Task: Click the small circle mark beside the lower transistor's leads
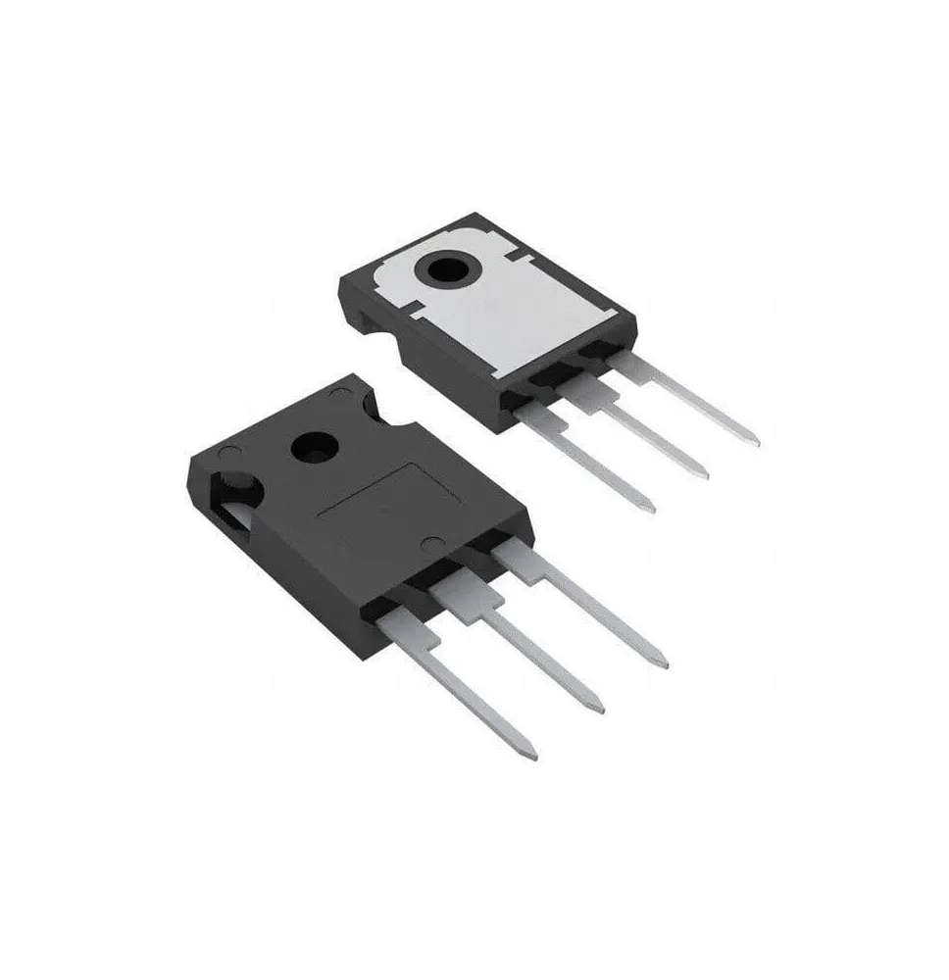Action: (427, 544)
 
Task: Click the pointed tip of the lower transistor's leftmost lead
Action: (533, 756)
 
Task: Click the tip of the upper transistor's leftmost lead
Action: (651, 508)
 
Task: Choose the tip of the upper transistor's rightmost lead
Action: (755, 441)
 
